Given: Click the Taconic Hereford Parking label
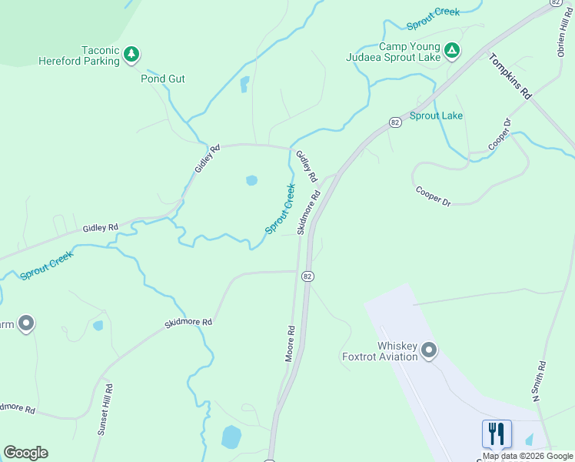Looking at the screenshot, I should [80, 55].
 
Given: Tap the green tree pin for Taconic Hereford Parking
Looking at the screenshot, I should [132, 54].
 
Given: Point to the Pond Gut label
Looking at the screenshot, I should [162, 79].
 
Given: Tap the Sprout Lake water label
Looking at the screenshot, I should [436, 116].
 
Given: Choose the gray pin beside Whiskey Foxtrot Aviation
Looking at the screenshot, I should [429, 351].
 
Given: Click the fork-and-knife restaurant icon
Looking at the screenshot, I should [497, 433].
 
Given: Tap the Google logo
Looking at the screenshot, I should [25, 453].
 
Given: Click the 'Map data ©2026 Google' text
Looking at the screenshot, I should [528, 456].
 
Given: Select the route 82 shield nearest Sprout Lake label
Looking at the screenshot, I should [394, 122].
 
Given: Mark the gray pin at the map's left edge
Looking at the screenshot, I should [26, 323].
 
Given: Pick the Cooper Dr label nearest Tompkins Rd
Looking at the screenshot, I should [500, 136].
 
